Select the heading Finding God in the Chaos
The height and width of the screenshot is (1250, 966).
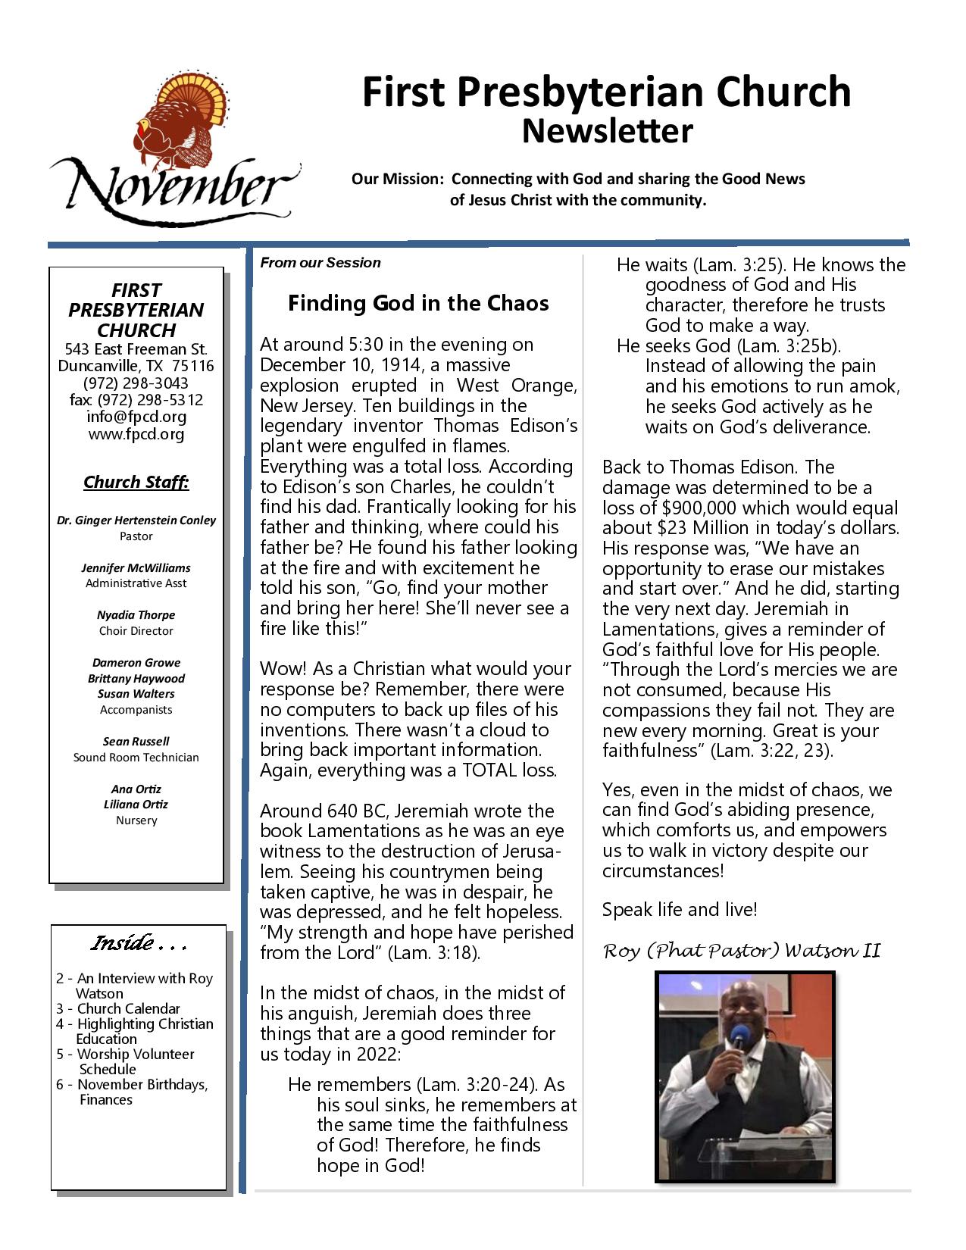click(418, 304)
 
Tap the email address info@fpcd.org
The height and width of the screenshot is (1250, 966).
click(136, 417)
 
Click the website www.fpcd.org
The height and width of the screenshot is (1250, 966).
click(136, 434)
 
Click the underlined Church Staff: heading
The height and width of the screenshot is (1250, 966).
click(136, 483)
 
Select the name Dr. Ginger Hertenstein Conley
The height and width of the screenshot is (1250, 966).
click(136, 520)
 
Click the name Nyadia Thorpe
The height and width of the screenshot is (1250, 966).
click(136, 615)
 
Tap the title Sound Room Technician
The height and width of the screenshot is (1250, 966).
click(136, 758)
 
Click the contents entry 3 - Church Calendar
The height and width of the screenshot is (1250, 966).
click(118, 1009)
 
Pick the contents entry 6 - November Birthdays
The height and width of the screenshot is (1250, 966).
click(132, 1085)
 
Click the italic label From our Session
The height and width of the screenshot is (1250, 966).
click(320, 263)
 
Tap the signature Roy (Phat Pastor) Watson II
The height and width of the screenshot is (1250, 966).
click(742, 951)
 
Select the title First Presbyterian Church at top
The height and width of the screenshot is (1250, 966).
click(606, 92)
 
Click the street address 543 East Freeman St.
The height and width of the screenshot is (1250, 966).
click(136, 349)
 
